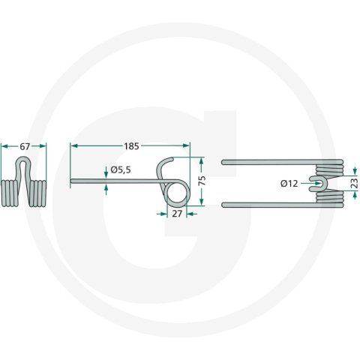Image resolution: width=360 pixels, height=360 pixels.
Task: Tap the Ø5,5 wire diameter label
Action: point(121,170)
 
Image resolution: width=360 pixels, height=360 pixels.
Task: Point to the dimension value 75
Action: point(200,180)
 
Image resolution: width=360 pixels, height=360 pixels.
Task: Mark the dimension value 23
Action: point(353,182)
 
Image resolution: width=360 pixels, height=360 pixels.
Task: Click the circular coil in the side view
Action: point(175,193)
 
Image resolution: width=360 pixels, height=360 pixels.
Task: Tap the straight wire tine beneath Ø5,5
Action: point(112,180)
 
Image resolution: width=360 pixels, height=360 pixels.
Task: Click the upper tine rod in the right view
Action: point(270,161)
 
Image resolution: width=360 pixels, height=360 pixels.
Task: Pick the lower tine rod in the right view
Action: point(270,203)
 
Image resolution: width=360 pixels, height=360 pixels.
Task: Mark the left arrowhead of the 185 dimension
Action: point(72,145)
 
